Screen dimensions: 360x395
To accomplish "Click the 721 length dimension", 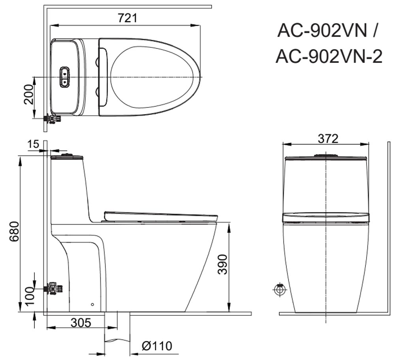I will (128, 18).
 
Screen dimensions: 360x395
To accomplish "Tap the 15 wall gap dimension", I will (34, 144).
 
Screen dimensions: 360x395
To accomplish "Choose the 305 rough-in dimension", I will (81, 322).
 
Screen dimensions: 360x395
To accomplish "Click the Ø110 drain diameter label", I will (157, 346).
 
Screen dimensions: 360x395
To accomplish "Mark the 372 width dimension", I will (328, 139).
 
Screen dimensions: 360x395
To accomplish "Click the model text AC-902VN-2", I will (329, 57).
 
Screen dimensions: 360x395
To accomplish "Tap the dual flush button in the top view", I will (64, 76).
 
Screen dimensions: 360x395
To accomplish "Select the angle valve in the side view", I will (53, 289).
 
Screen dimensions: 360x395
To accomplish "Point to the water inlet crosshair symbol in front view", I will (280, 289).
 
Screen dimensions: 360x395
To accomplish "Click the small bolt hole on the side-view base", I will (92, 304).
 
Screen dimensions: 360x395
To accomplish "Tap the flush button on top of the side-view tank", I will (68, 154).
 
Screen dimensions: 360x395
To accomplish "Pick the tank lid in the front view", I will (326, 159).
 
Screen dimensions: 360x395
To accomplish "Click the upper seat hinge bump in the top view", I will (96, 61).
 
